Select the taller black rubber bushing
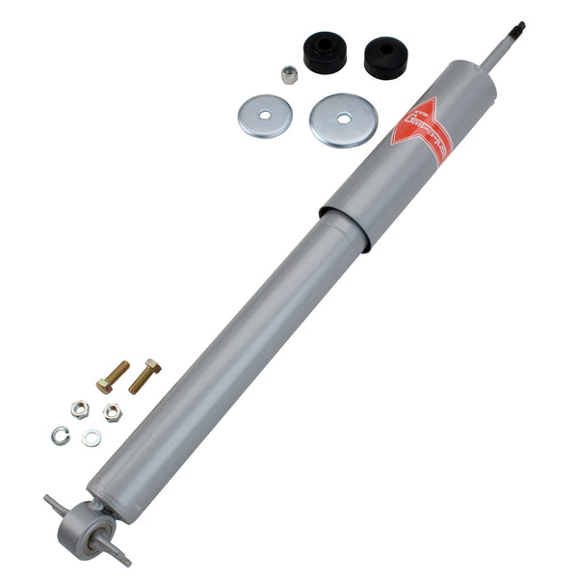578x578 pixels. click(325, 53)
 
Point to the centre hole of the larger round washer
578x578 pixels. click(344, 118)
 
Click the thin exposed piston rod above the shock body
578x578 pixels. click(497, 50)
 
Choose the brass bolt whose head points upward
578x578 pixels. click(146, 373)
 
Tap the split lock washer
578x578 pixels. click(61, 434)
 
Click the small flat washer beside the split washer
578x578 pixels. click(92, 438)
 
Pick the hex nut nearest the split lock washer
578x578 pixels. click(80, 409)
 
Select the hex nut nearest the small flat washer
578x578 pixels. click(112, 411)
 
